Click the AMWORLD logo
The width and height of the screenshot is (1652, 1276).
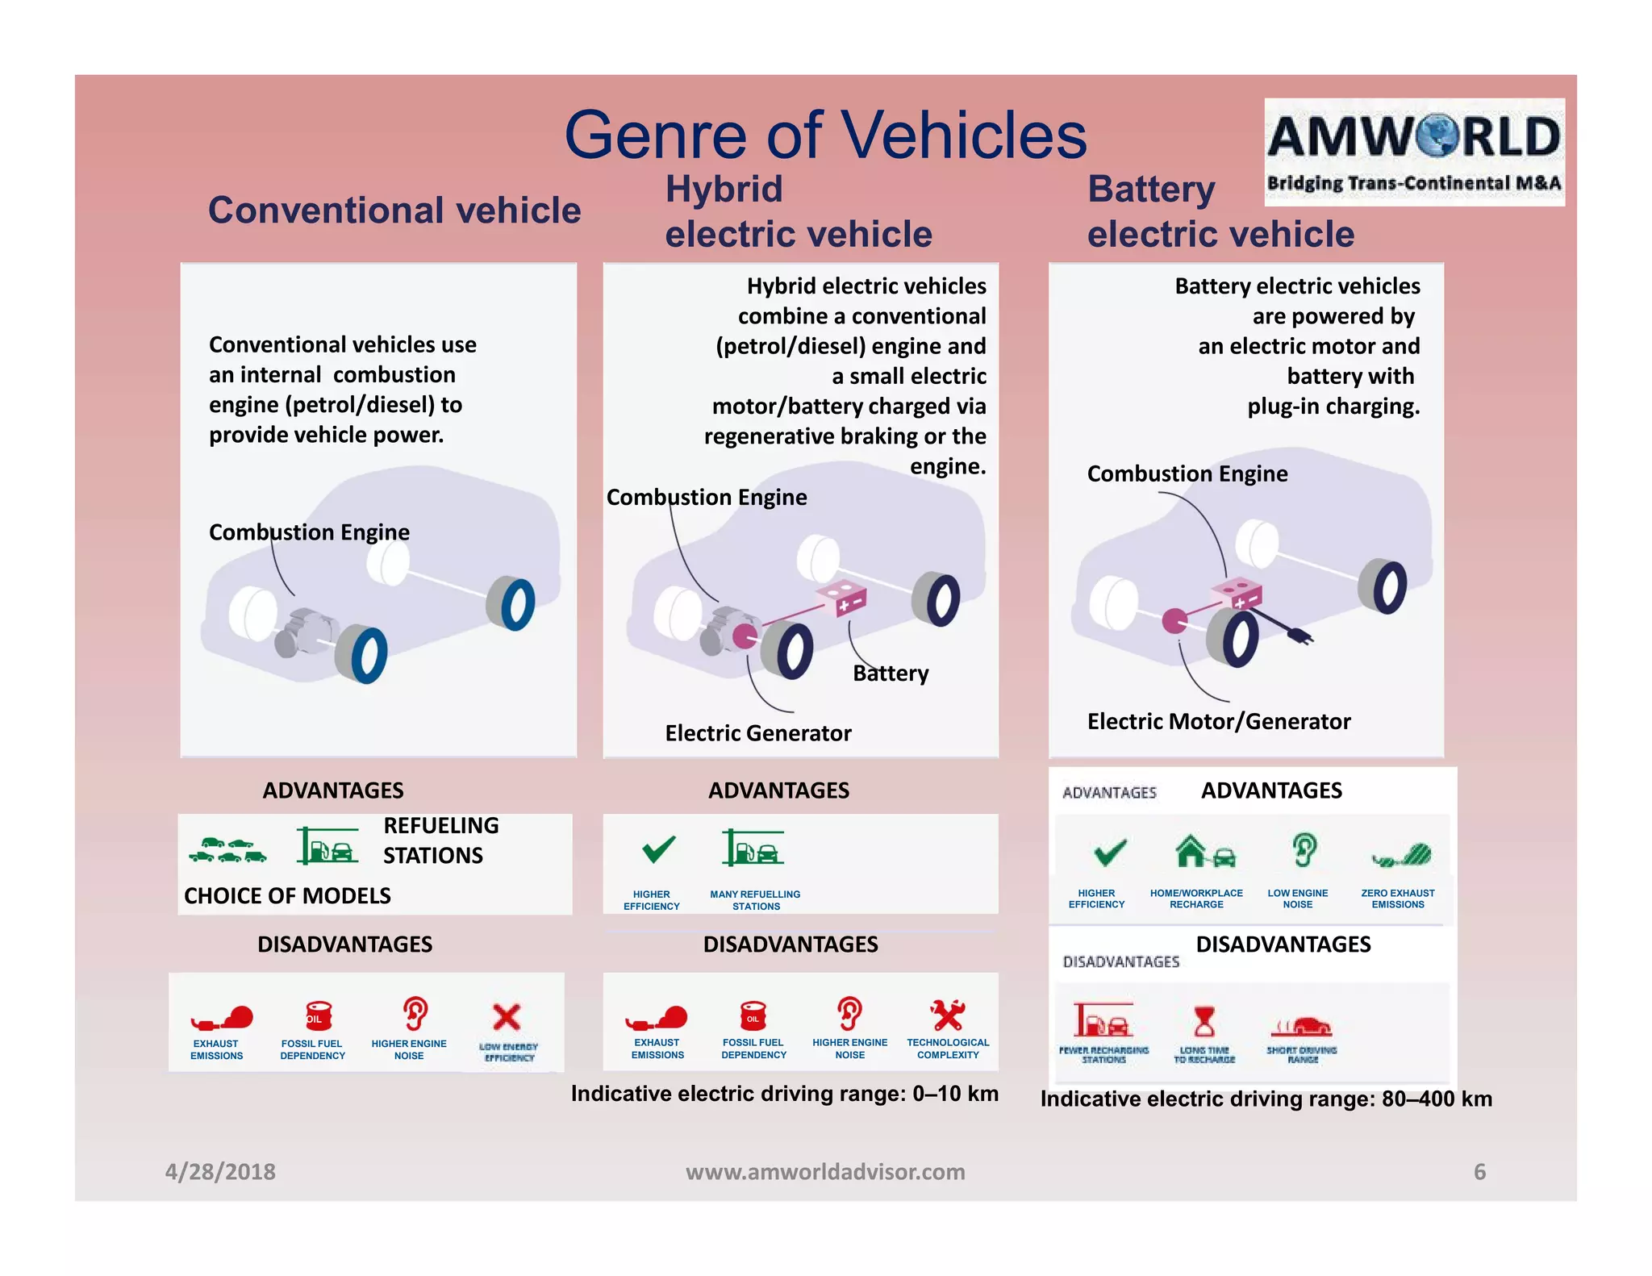pos(1414,152)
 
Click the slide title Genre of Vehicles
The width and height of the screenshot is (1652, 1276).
pos(825,135)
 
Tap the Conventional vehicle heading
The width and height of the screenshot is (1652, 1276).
pos(394,211)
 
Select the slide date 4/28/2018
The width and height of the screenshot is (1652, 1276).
pos(220,1171)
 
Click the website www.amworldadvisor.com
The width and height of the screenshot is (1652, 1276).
pos(825,1171)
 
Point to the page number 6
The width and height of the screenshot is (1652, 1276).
pos(1479,1171)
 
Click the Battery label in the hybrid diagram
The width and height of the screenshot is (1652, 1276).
pos(891,673)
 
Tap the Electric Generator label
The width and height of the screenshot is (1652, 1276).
pos(757,732)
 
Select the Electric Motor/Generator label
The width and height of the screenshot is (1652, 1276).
pos(1218,721)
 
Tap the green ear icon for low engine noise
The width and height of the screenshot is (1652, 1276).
pos(1304,850)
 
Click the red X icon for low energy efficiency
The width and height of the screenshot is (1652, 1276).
pos(507,1017)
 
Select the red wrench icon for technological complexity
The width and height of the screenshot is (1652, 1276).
pos(947,1015)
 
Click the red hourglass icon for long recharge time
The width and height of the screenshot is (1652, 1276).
pos(1204,1021)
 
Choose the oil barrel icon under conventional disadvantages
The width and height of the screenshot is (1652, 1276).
pos(317,1015)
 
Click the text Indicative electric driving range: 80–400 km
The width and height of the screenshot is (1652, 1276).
pos(1266,1099)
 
